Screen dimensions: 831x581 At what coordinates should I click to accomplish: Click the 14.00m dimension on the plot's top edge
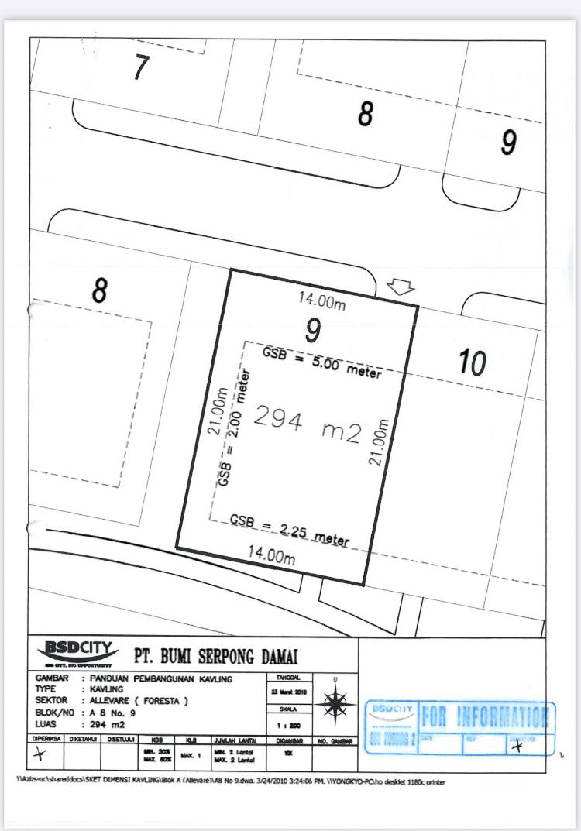[323, 303]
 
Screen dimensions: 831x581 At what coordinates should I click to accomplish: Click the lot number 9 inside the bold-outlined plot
[312, 331]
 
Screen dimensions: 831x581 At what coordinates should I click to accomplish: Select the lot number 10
[472, 362]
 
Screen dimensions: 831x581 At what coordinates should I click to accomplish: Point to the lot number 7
[140, 68]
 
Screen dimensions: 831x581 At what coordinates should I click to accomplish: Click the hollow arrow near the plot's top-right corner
[400, 287]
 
